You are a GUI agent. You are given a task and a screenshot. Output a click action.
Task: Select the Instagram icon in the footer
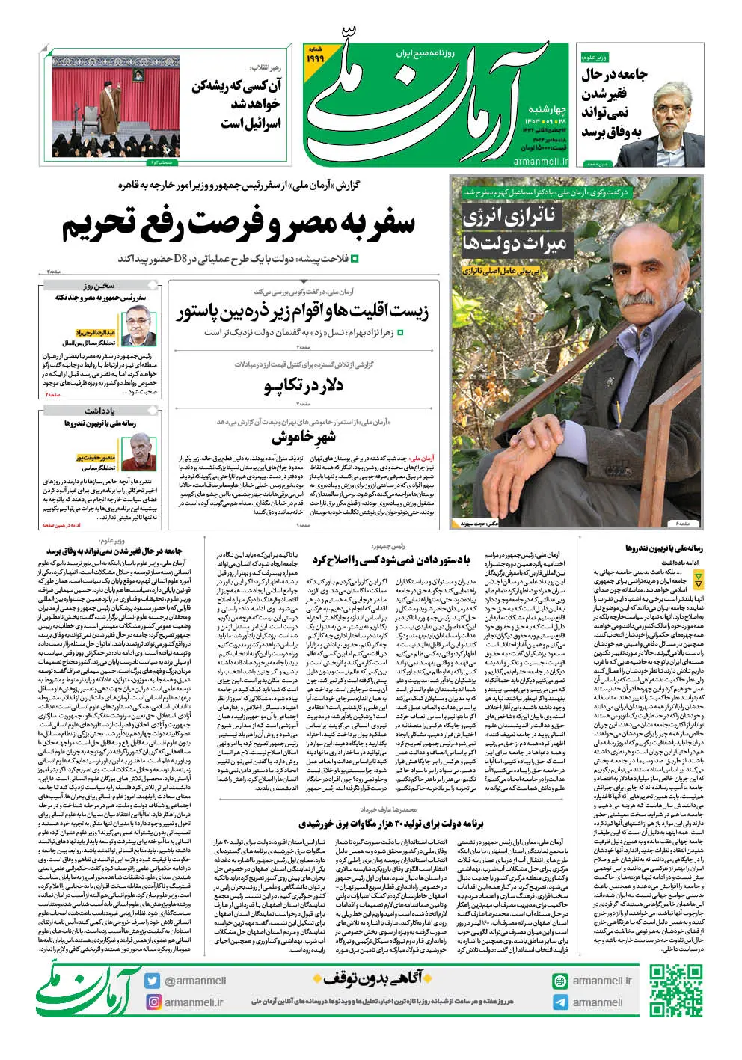153,1002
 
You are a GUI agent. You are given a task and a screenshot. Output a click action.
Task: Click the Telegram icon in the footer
560,1002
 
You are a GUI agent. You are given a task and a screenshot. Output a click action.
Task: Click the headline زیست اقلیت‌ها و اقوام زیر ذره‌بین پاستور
303,312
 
